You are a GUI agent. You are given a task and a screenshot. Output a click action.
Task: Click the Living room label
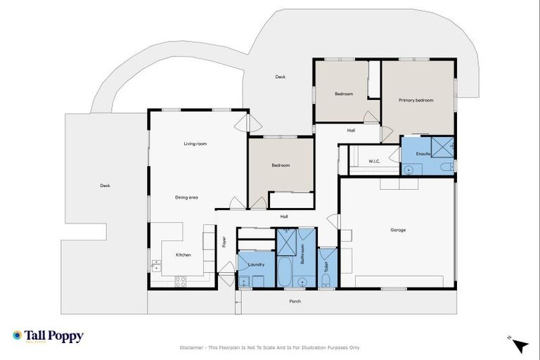coord(195,143)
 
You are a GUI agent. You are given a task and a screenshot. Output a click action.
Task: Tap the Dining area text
coord(186,198)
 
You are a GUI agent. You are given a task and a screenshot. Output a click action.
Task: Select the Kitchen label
coord(183,255)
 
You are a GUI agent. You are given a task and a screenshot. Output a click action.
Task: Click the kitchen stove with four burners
coord(179,281)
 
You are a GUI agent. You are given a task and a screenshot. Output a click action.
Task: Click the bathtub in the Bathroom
coord(288,273)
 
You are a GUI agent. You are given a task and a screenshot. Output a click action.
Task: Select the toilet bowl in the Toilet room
coord(326,281)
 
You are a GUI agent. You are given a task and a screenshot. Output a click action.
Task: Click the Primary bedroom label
coord(416,100)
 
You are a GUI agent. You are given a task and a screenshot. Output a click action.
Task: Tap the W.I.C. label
coord(374,161)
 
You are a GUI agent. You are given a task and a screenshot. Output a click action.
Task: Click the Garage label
coord(398,230)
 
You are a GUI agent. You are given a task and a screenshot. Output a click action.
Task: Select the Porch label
coord(295,301)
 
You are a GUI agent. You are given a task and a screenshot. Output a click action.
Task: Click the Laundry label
coord(256,264)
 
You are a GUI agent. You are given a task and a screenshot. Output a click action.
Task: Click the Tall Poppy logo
coord(48,336)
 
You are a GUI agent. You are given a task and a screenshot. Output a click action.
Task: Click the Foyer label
coord(225,242)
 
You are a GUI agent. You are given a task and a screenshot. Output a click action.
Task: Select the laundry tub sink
coord(244,281)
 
